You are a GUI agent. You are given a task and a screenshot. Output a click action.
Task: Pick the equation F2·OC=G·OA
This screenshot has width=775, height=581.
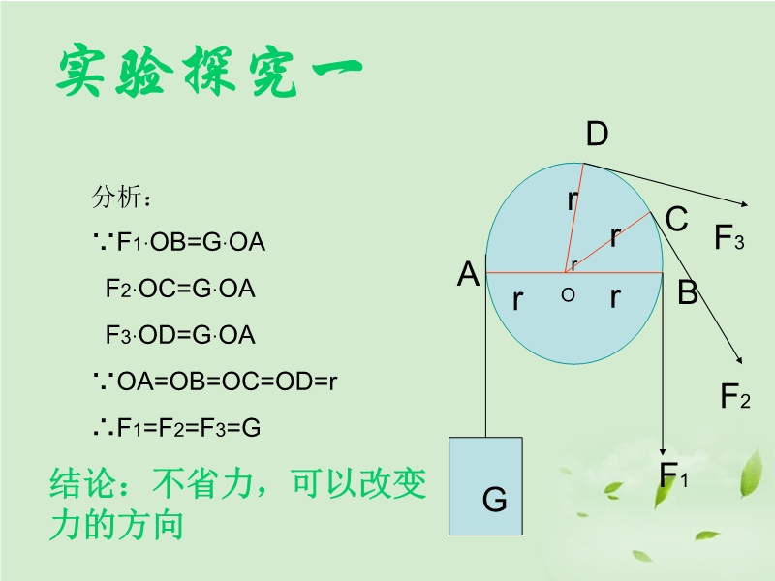point(180,289)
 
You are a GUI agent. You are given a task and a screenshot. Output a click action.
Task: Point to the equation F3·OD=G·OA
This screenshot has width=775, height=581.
point(180,335)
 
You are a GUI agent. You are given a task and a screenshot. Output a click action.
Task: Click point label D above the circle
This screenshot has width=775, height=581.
point(597,135)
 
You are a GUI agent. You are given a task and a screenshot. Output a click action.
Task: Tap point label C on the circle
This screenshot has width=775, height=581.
point(676,220)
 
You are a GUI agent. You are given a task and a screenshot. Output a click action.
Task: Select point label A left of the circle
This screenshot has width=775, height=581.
point(469,275)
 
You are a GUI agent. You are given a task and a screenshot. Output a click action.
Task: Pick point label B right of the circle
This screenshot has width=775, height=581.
point(687,292)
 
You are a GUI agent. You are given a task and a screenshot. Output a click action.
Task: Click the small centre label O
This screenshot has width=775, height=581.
point(568,294)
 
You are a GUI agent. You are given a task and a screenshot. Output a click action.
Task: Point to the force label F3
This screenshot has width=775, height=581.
point(728,238)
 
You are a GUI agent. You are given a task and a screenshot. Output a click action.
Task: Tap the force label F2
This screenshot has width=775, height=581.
point(734,396)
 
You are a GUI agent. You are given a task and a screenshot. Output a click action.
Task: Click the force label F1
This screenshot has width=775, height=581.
point(673,475)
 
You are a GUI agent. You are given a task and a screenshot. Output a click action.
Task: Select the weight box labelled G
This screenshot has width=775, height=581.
point(486,486)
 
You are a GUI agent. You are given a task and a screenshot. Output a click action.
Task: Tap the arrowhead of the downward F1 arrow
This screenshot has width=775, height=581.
point(662,449)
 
